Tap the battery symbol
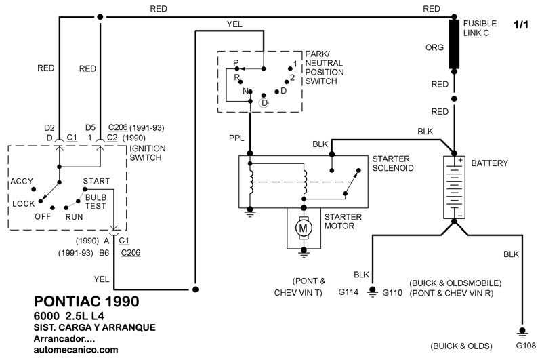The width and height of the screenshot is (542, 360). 455,187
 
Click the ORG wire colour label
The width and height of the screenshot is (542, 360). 434,48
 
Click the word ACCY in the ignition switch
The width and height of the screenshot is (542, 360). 22,182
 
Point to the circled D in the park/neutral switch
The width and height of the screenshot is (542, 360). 264,102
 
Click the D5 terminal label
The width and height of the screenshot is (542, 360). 89,127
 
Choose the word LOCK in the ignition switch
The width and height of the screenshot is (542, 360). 24,203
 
